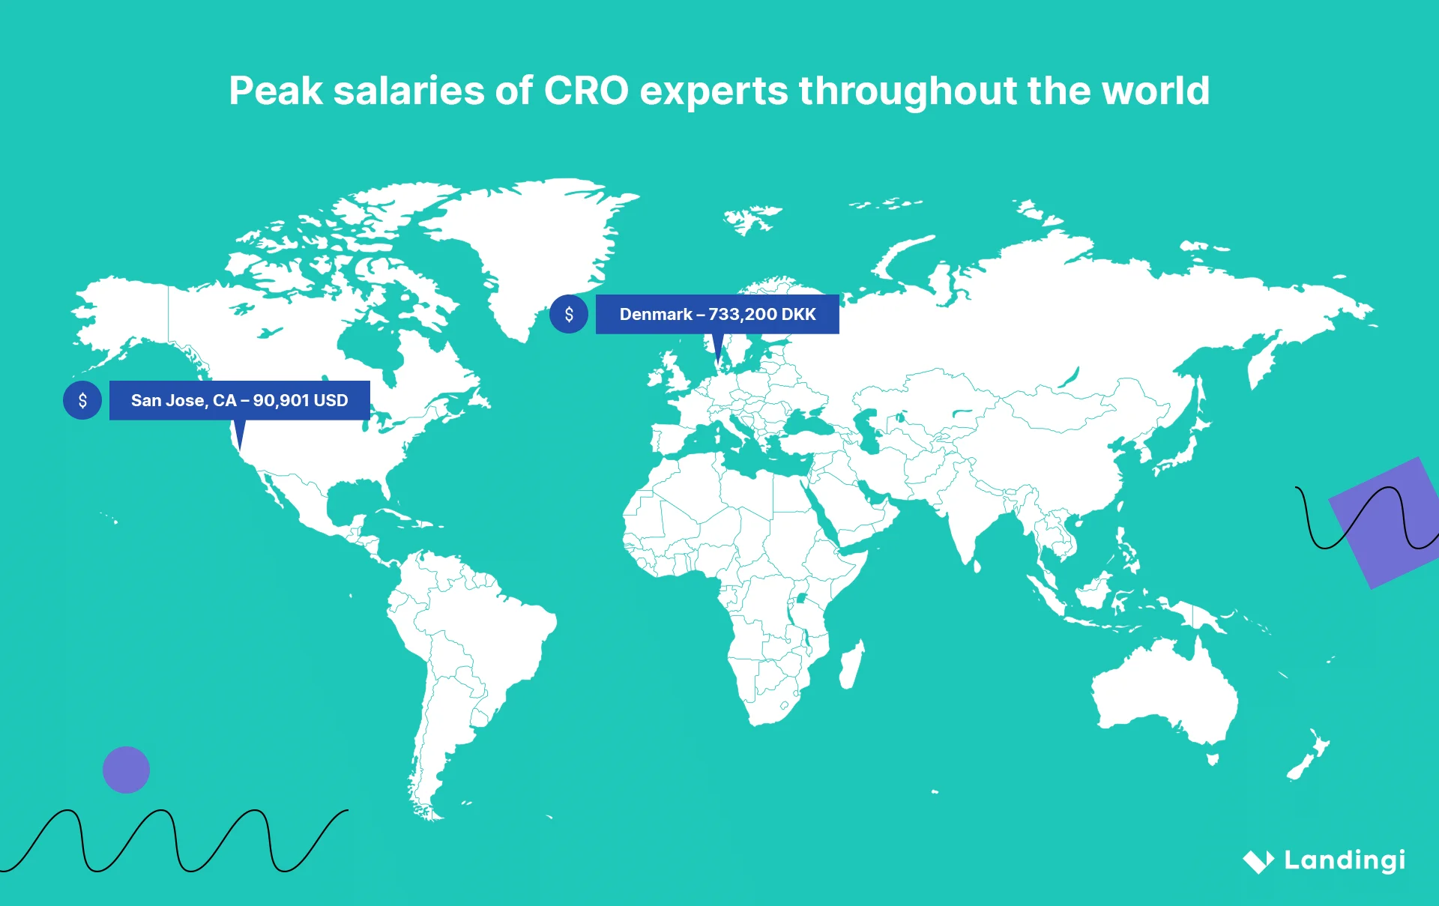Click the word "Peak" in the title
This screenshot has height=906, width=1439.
[x=275, y=91]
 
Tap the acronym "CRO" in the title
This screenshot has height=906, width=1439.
[x=585, y=91]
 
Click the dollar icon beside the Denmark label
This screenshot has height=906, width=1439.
[x=569, y=314]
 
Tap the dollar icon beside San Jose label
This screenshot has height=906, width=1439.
[x=82, y=400]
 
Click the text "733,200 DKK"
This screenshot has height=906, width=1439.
[x=761, y=315]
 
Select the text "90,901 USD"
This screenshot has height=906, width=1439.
[x=301, y=401]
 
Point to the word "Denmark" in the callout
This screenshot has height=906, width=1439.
[x=656, y=315]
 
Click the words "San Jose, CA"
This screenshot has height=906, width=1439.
[x=184, y=401]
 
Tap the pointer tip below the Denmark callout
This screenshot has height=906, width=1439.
[x=718, y=362]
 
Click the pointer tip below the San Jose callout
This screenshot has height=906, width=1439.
[x=239, y=447]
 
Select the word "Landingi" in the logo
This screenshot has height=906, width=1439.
[x=1345, y=860]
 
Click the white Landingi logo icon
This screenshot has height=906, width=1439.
[x=1258, y=861]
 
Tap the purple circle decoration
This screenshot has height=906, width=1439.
[x=126, y=770]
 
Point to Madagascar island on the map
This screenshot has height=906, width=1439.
[x=851, y=665]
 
